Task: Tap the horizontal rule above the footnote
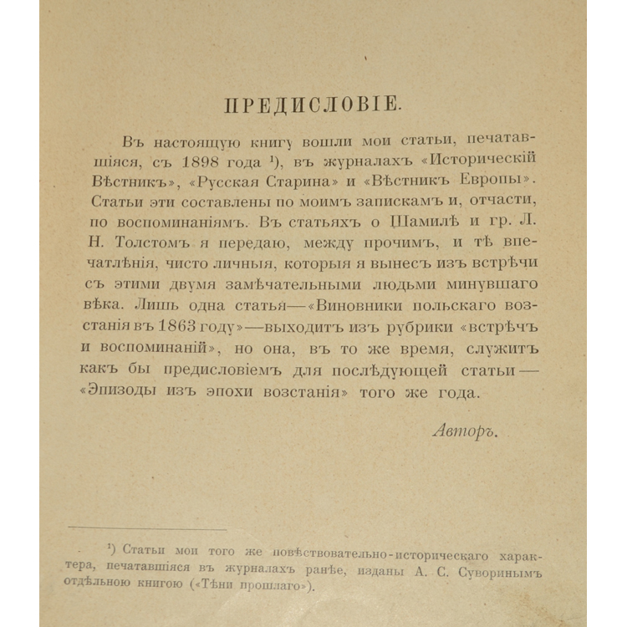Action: (147, 528)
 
